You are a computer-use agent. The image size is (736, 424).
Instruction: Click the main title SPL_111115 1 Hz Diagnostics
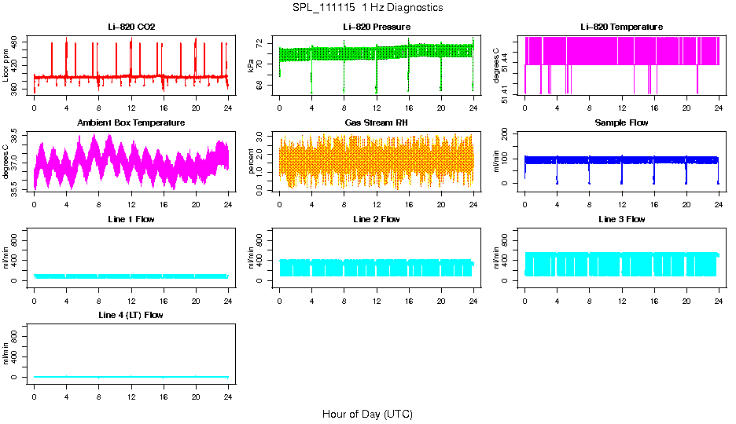(x=367, y=8)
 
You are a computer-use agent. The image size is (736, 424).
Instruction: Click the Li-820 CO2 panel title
(x=131, y=27)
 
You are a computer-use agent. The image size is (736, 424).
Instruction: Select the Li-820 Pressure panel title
(x=377, y=27)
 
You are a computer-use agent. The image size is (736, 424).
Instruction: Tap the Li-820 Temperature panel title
(x=622, y=27)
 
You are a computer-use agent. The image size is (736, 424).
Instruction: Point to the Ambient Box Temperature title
(x=131, y=123)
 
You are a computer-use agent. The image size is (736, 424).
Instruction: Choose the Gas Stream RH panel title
(x=377, y=123)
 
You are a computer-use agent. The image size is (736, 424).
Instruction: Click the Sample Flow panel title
(x=622, y=123)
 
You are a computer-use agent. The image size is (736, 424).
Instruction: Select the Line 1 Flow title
(x=131, y=219)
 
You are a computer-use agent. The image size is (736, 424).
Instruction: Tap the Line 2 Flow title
(x=377, y=219)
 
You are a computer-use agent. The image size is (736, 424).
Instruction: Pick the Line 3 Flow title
(x=622, y=219)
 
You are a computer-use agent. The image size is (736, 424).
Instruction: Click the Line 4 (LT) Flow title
(x=131, y=315)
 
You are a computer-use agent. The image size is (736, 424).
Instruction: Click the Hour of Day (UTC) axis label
(x=367, y=414)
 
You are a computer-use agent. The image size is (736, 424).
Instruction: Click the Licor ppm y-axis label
(x=6, y=67)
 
